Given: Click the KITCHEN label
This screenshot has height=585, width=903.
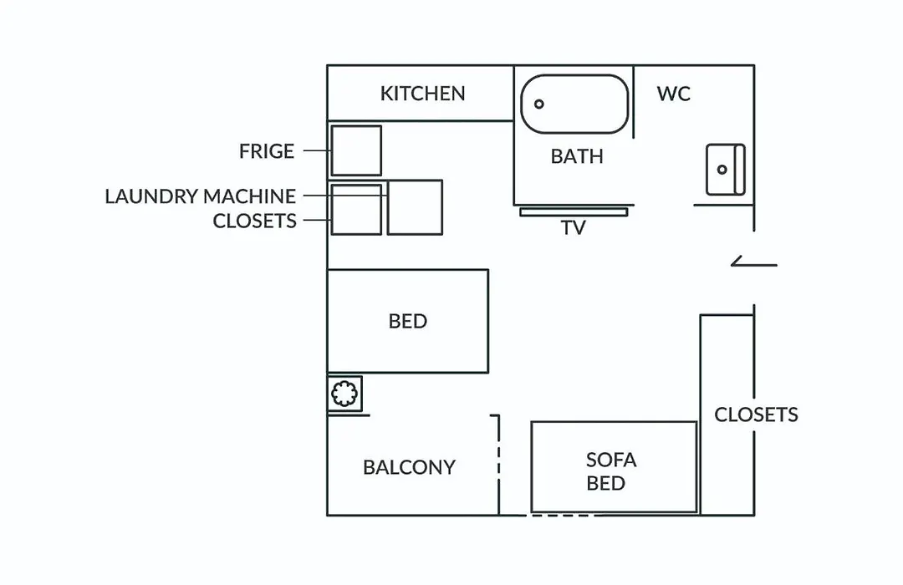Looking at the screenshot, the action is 423,94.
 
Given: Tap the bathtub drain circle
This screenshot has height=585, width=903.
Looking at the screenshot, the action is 539,104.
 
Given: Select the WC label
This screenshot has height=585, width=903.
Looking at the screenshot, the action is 673,94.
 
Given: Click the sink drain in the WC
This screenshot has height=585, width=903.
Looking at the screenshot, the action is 722,170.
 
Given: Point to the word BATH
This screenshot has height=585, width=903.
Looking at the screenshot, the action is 576,156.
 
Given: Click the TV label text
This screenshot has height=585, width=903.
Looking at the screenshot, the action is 574,228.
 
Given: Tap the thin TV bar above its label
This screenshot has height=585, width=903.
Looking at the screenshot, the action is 574,212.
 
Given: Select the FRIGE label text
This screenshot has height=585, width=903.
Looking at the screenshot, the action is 267,151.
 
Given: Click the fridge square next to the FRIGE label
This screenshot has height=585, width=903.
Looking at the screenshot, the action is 356,151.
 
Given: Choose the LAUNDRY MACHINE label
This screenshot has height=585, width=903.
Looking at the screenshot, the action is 201,196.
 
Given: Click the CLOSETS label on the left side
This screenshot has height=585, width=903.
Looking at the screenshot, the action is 254,221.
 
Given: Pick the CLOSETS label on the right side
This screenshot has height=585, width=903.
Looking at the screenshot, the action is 756,415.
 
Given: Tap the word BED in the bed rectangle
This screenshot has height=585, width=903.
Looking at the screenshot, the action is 408,321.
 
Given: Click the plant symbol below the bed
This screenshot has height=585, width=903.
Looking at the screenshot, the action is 344,394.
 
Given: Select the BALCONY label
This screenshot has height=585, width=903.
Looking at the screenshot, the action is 409,467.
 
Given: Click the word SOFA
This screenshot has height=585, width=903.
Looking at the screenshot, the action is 611,460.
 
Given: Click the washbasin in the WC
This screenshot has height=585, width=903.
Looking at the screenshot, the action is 726,170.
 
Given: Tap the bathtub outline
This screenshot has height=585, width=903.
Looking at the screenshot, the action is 574,76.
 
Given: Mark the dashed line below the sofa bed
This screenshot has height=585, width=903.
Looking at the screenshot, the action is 562,516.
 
